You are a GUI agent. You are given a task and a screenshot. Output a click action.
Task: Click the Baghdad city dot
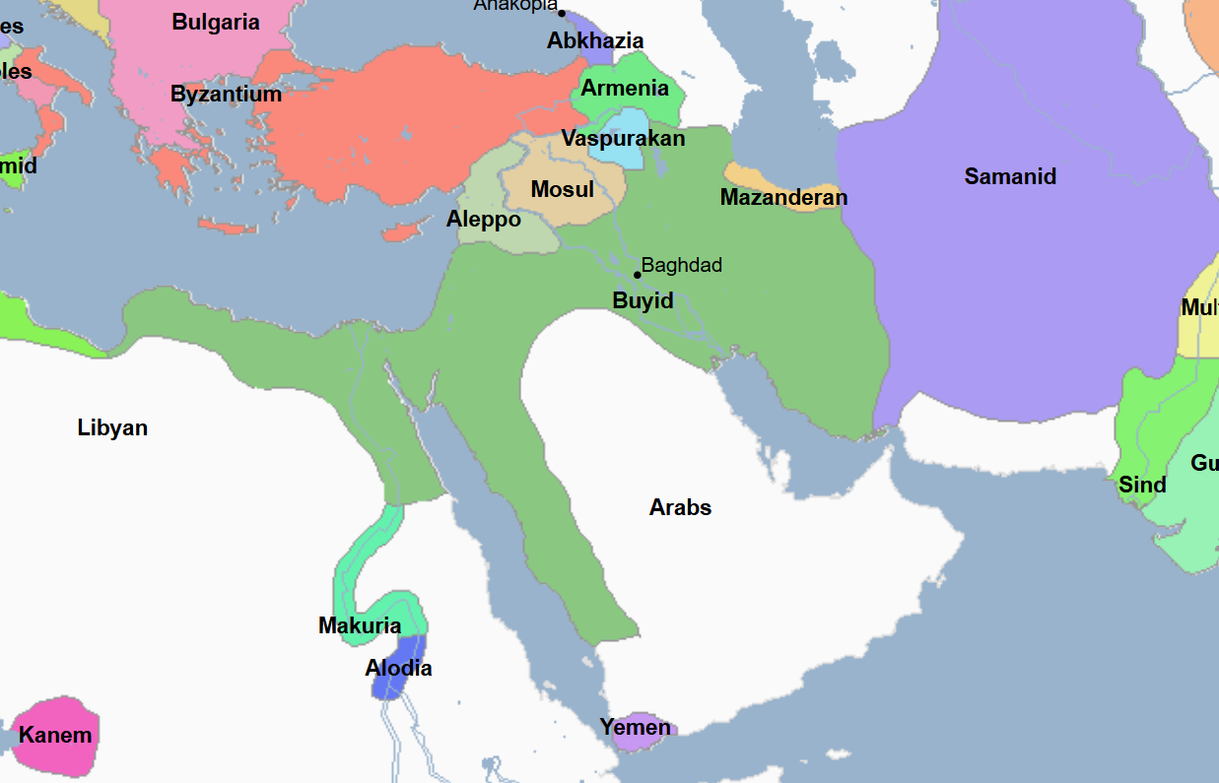[637, 275]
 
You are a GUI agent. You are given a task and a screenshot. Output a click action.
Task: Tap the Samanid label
[1010, 176]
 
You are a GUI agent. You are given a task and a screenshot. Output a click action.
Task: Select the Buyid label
[643, 300]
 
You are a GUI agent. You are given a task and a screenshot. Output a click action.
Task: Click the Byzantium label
[226, 95]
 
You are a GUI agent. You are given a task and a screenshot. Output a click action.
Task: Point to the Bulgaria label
[216, 22]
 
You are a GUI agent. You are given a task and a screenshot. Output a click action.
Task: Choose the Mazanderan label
[783, 197]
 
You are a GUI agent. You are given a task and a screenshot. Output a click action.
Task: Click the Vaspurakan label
[623, 138]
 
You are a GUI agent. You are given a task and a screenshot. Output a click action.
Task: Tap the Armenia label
[625, 88]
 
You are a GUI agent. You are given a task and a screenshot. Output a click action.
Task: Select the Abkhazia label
[595, 40]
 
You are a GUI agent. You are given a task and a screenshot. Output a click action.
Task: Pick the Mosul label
[562, 189]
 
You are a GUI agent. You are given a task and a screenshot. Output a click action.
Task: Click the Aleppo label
[483, 219]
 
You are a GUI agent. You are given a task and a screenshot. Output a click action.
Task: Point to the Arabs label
[680, 507]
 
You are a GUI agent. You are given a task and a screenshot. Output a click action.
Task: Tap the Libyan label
[112, 427]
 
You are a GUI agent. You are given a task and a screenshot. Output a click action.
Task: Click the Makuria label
[360, 625]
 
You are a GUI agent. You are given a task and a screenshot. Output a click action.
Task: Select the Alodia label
[398, 668]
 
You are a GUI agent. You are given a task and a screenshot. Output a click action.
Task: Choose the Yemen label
[636, 728]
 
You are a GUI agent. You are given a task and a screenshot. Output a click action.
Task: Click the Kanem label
[55, 735]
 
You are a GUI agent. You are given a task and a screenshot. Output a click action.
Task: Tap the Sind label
[1142, 485]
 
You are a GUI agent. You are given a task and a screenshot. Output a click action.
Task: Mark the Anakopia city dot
[562, 13]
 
